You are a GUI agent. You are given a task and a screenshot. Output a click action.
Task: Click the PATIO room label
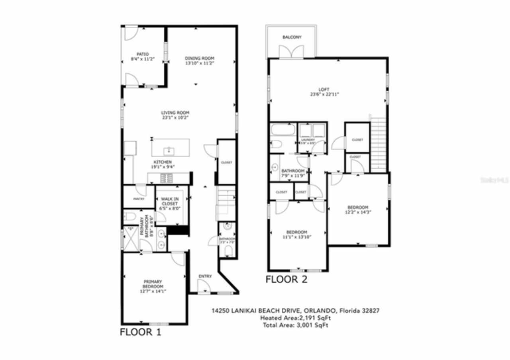coord(142,54)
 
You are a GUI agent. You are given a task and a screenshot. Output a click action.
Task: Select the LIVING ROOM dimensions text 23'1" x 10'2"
coord(175,117)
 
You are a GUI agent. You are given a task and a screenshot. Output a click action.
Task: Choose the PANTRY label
coord(139,199)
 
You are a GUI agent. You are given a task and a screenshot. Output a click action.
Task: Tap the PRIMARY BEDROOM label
coord(153,284)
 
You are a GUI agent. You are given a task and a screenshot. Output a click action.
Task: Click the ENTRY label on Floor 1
coord(205,276)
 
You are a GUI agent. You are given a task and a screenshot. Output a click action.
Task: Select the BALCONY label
coord(292,37)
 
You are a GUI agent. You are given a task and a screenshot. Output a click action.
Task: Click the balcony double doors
coord(288,52)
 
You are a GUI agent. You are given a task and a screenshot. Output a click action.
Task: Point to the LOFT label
coord(324,89)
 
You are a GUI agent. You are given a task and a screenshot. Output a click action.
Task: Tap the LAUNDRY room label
coord(308,140)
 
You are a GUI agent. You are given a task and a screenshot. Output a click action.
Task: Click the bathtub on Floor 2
coord(282,130)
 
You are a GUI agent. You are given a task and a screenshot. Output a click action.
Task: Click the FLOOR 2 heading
coord(286,280)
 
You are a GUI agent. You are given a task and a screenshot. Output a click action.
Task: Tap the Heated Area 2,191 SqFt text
coord(295,318)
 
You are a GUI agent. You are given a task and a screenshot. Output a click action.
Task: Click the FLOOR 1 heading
coord(141,332)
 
